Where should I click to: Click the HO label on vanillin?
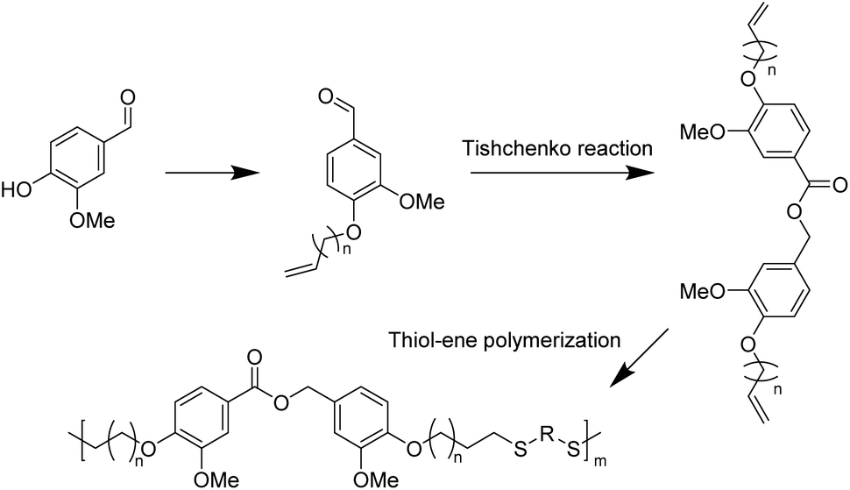[16, 187]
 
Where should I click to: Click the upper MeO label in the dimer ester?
[699, 131]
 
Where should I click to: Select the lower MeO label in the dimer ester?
[699, 291]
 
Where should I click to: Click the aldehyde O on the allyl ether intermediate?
[329, 90]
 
